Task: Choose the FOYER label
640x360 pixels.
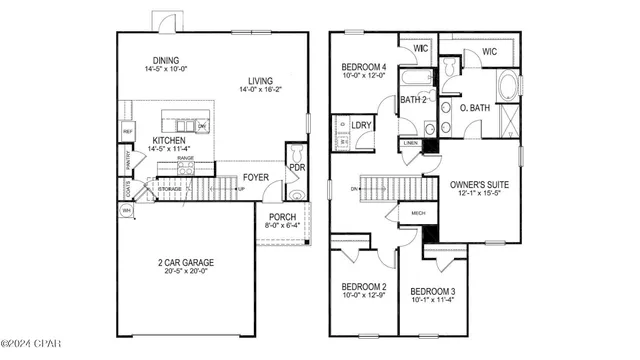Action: pyautogui.click(x=256, y=179)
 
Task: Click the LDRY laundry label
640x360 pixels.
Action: pyautogui.click(x=361, y=126)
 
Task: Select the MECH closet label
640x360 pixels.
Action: pyautogui.click(x=416, y=212)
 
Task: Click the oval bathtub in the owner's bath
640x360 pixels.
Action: pyautogui.click(x=507, y=84)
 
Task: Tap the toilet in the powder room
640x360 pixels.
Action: pyautogui.click(x=297, y=193)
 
